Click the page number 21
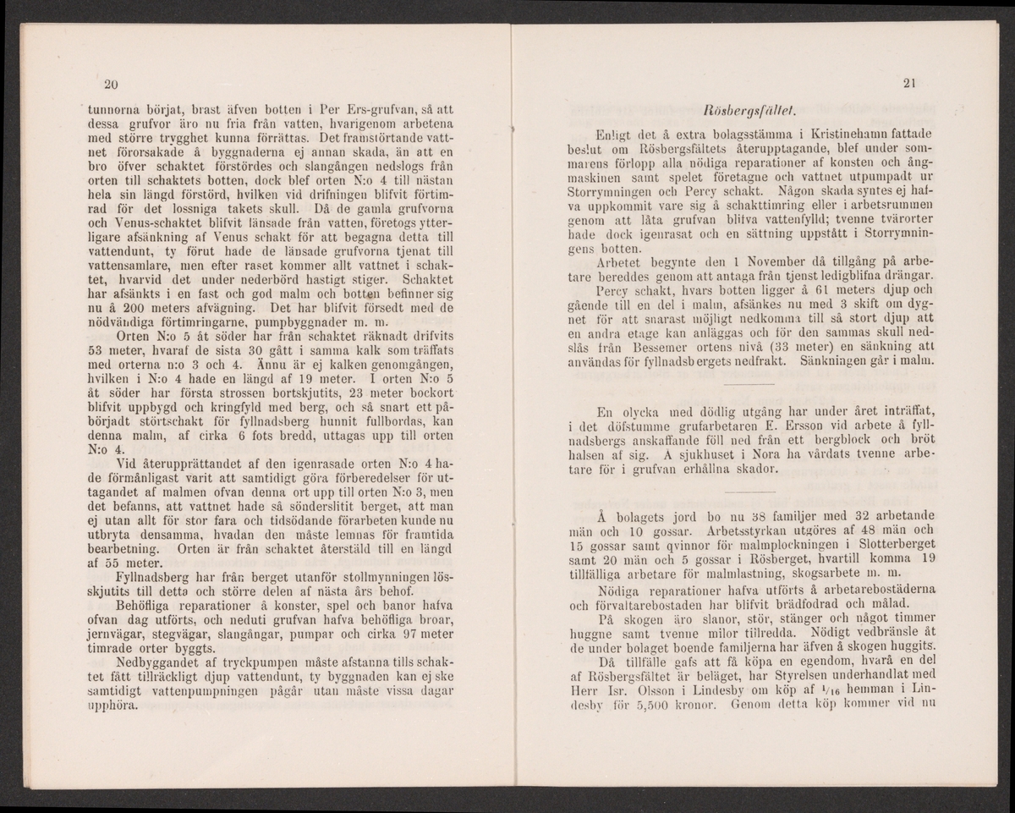pos(909,83)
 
